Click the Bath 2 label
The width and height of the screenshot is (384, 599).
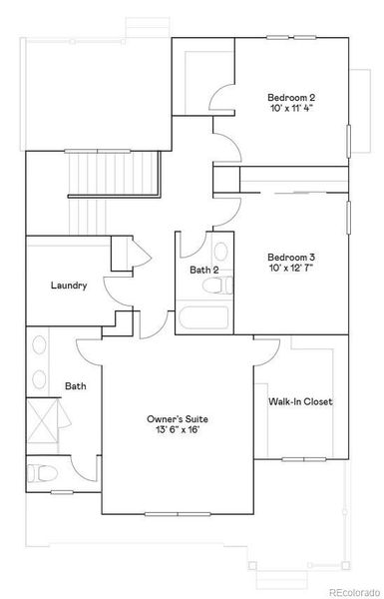204,270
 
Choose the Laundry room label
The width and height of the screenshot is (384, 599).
69,286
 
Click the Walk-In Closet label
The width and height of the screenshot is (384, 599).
300,402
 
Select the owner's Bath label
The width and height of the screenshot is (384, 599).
76,386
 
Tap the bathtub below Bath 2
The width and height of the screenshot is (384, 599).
203,320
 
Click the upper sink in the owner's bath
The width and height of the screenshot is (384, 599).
40,347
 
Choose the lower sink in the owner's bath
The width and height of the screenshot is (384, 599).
40,379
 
